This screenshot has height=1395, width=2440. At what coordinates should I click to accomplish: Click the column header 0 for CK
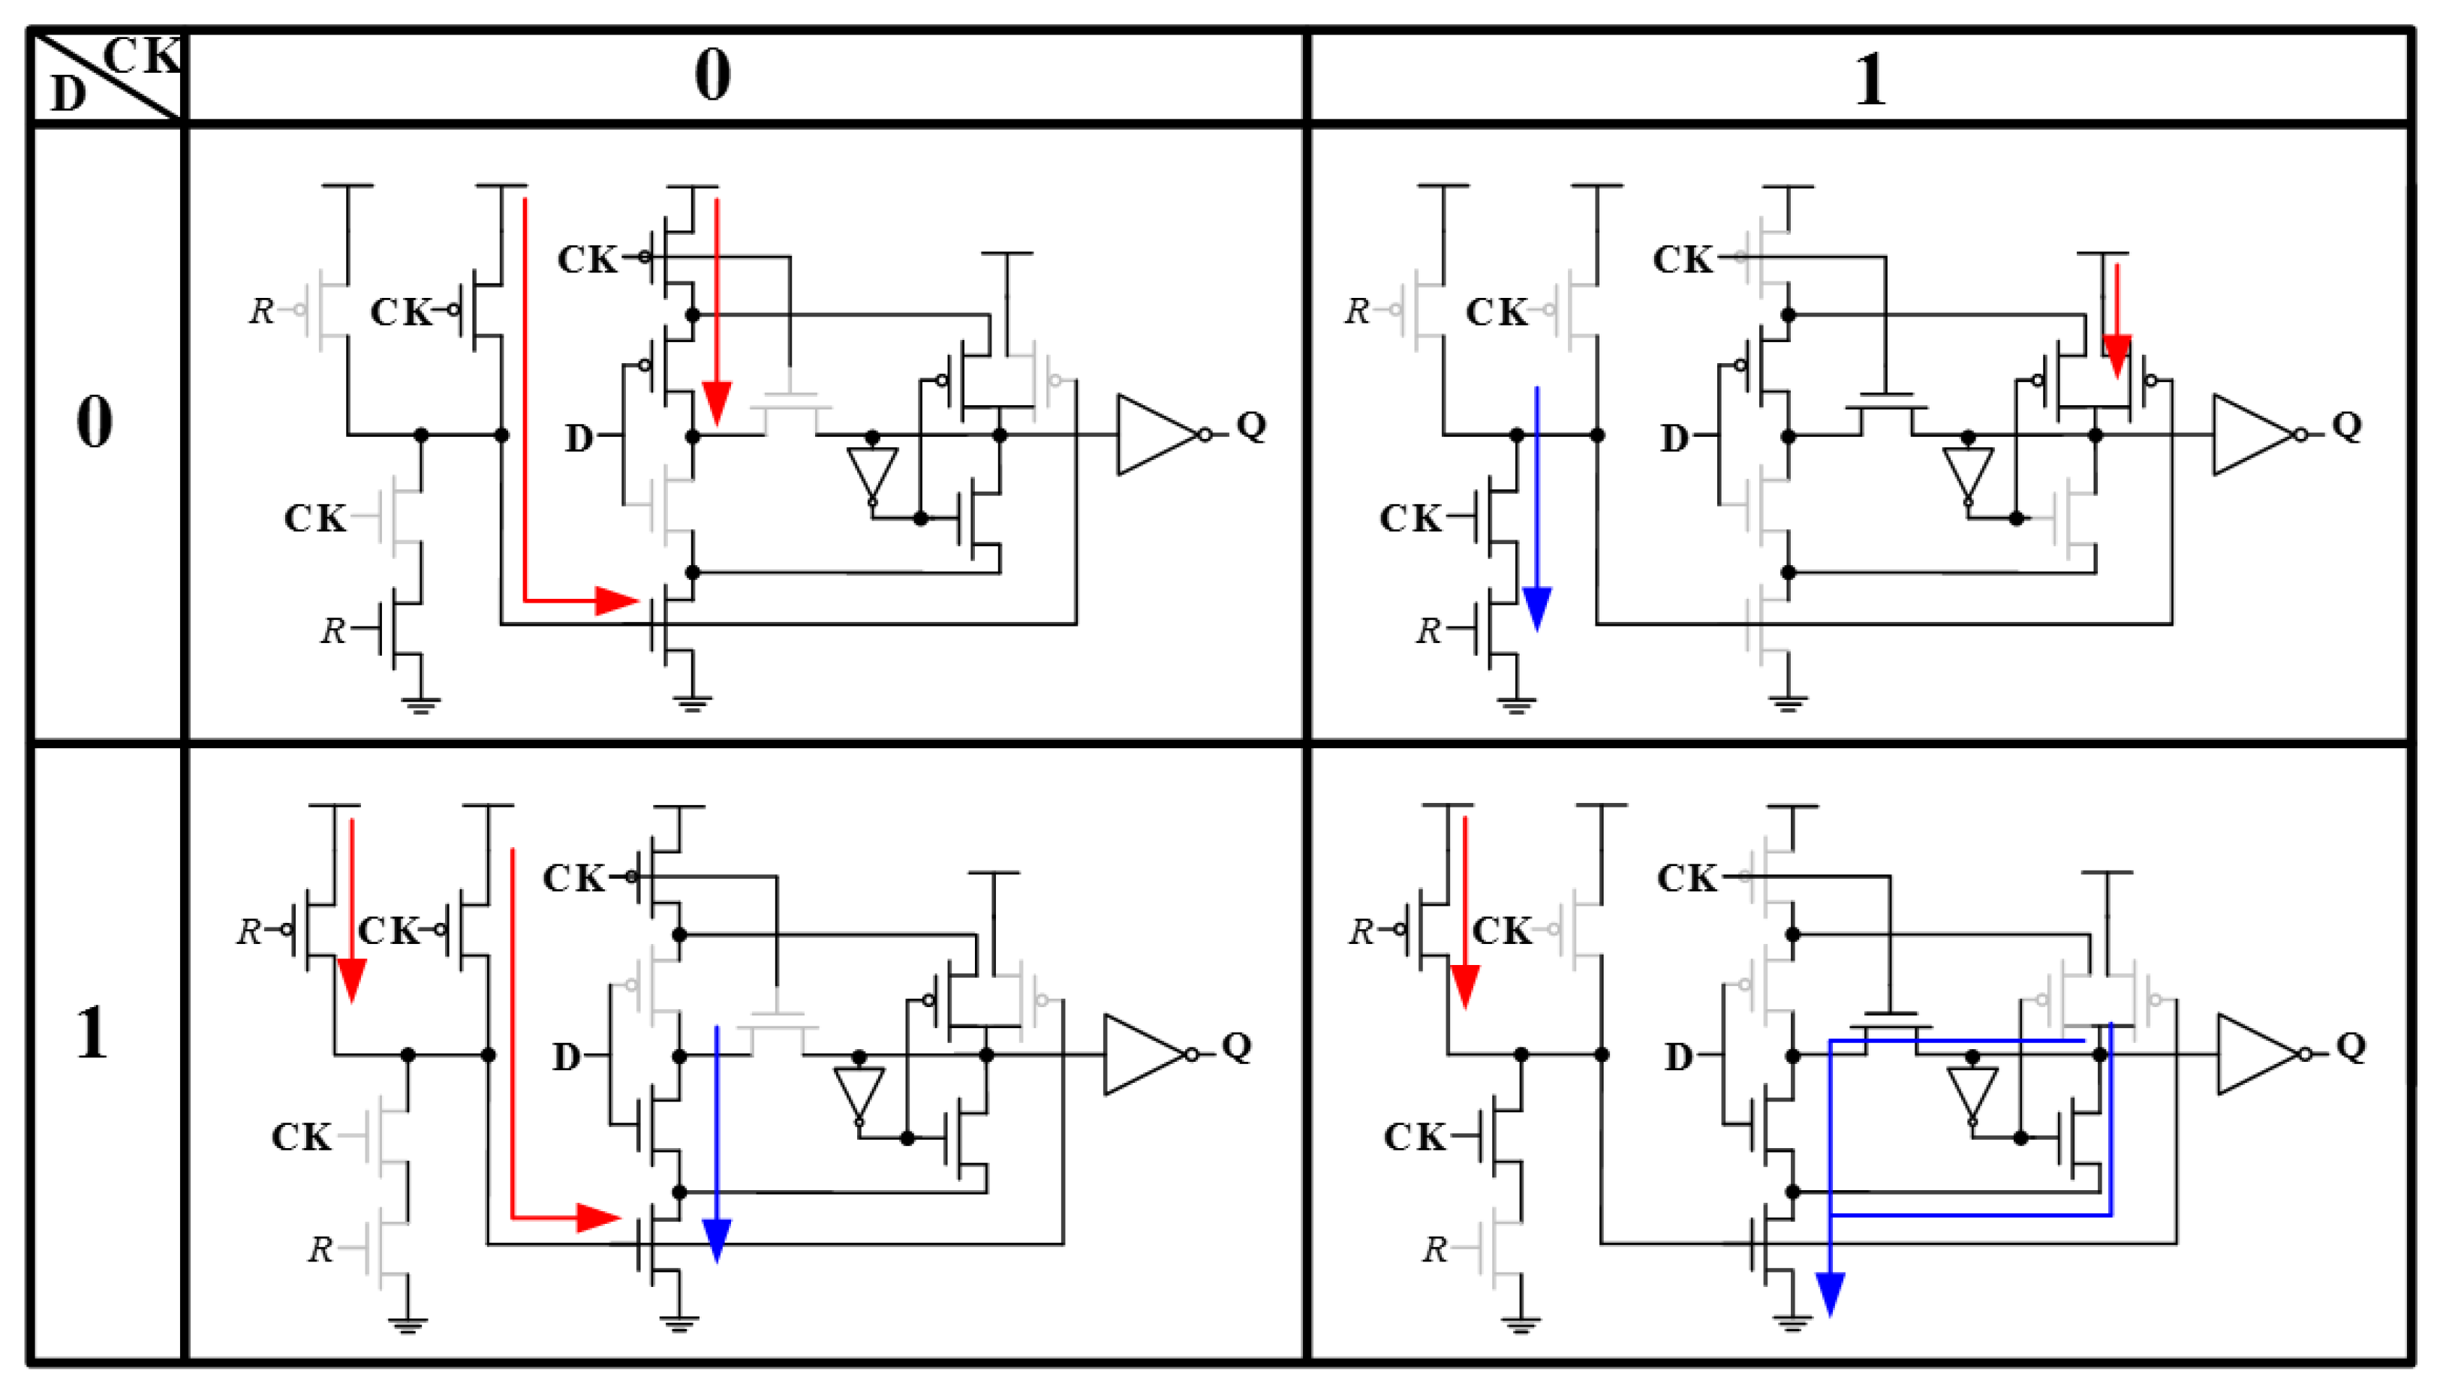(712, 76)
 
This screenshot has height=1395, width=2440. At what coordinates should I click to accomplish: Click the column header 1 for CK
(1869, 80)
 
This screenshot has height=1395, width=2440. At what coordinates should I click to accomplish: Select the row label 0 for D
(94, 422)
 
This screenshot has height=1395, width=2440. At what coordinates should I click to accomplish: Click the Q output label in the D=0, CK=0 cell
(1251, 425)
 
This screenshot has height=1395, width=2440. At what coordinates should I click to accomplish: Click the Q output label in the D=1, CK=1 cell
(2351, 1045)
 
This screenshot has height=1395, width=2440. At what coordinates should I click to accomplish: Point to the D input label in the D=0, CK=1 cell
(1673, 437)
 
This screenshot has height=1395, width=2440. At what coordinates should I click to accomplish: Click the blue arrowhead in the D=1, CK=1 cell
(1830, 1294)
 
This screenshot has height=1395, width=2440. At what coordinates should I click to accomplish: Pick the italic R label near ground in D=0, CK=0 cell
(332, 630)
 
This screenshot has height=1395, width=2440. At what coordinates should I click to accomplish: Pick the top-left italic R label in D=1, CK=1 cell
(1360, 931)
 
